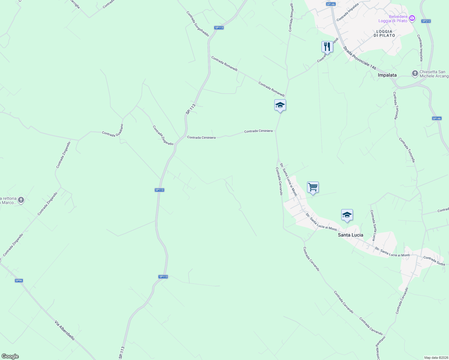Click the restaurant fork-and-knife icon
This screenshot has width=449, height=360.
[327, 47]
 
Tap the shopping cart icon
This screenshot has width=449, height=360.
[313, 187]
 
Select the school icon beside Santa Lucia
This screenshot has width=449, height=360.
[347, 215]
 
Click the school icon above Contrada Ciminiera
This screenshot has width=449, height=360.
[280, 105]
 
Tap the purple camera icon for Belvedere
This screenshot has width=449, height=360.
[412, 18]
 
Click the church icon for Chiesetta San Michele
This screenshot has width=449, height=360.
[415, 73]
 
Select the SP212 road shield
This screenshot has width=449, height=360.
[426, 21]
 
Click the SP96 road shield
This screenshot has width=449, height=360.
[19, 280]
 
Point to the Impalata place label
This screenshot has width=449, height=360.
[387, 75]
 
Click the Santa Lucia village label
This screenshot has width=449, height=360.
[350, 235]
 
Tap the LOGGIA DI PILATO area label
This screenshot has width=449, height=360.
[384, 33]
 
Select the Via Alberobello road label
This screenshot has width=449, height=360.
[65, 330]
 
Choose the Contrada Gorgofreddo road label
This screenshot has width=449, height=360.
[197, 24]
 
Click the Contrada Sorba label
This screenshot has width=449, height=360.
[434, 261]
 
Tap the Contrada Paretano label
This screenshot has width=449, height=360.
[381, 348]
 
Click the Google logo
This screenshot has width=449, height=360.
[10, 356]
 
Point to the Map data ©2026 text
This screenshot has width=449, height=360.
[435, 358]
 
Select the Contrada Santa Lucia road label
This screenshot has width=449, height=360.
[373, 225]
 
